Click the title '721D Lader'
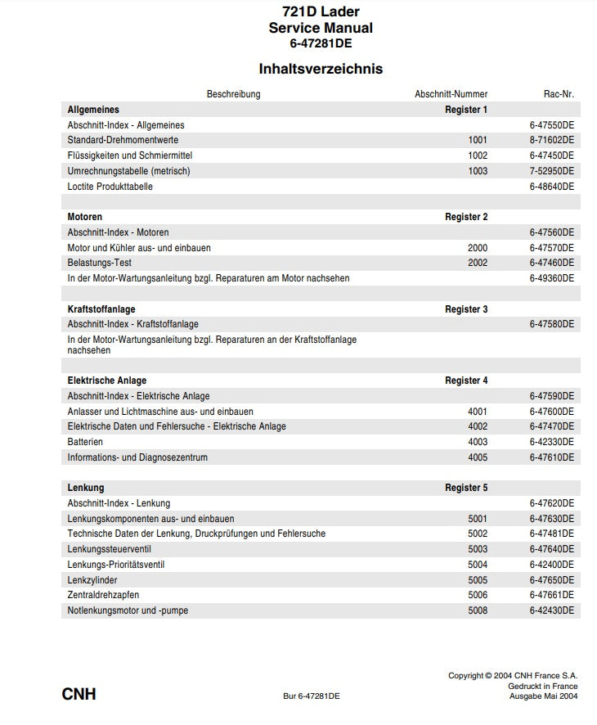point(321,11)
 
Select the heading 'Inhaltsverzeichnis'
point(321,69)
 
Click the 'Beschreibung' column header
point(233,94)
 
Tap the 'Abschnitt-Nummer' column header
point(451,94)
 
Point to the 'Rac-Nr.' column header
point(559,94)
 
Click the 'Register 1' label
point(466,110)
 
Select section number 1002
point(478,155)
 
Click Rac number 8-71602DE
point(552,140)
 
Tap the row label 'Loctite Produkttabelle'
point(110,187)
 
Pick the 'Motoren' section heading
point(85,217)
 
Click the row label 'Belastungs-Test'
point(99,263)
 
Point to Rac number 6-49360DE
point(552,278)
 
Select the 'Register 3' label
point(466,309)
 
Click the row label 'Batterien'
point(85,442)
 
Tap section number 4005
point(478,457)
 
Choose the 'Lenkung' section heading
point(86,488)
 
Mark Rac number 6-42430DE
point(552,610)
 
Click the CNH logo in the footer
point(79,695)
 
